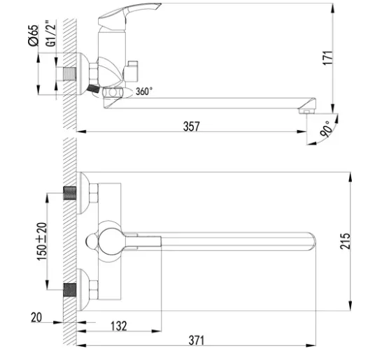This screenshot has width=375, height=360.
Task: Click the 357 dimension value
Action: (x=191, y=127)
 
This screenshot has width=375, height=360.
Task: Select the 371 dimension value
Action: (x=197, y=340)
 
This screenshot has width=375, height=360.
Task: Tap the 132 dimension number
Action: (x=119, y=326)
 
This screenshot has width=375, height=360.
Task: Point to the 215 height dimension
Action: (x=345, y=241)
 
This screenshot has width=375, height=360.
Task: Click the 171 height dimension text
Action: (x=327, y=57)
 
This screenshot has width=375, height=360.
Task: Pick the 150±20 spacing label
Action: (x=42, y=241)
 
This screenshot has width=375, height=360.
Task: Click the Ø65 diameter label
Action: (x=34, y=35)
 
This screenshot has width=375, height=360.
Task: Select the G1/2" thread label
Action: (x=50, y=34)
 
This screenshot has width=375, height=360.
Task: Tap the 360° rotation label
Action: (x=144, y=92)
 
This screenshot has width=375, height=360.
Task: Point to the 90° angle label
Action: (x=327, y=129)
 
